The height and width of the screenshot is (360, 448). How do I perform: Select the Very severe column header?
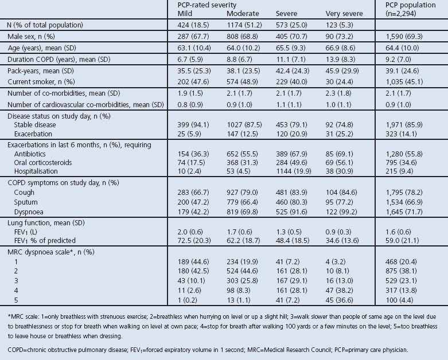pyautogui.click(x=343, y=13)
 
